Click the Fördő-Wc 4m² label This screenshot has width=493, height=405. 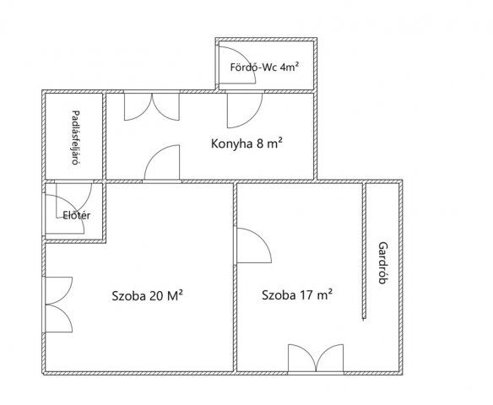pos(264,67)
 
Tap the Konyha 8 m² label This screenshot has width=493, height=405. pos(246,143)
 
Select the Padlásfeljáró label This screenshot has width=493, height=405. pos(75,138)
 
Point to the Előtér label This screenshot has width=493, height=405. pos(77,215)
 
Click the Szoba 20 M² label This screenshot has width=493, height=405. pos(148,295)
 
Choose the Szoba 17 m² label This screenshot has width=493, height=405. pos(297,295)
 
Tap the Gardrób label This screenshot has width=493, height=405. pos(382,262)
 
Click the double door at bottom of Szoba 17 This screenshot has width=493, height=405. pos(316,359)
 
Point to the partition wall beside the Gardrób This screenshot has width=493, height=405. pos(364,251)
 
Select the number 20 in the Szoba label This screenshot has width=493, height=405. pos(155,296)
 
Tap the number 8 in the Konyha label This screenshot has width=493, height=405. pos(260,144)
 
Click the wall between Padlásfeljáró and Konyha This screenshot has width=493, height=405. pos(105,137)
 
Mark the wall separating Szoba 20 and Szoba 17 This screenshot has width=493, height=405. pos(235,278)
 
